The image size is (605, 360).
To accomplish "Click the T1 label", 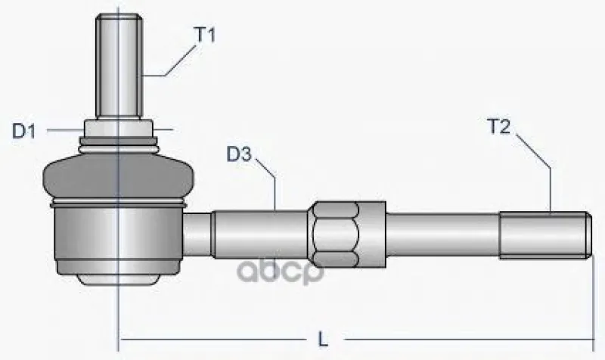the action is coord(206,35).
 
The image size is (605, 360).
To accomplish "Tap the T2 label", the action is coord(499,126).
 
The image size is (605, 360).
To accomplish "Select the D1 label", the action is coord(24,131).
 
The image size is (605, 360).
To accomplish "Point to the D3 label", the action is coord(239,154).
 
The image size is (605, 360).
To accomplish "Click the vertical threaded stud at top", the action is coord(119,66).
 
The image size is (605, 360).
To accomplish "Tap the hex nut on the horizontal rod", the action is coord(346,234).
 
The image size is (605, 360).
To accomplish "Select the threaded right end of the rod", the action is coord(545,235).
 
